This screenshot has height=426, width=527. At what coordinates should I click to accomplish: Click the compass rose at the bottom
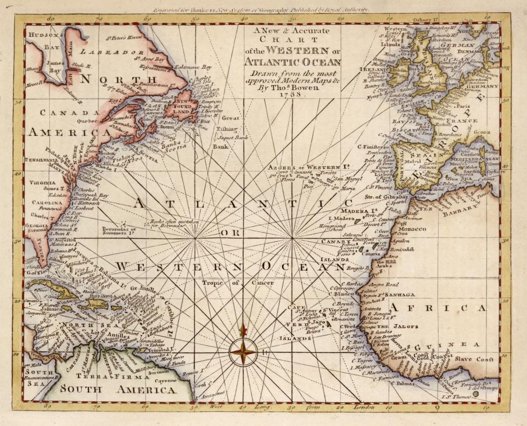243,351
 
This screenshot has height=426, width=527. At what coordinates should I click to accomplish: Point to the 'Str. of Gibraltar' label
386,196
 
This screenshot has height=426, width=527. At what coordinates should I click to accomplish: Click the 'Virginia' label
40,182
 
